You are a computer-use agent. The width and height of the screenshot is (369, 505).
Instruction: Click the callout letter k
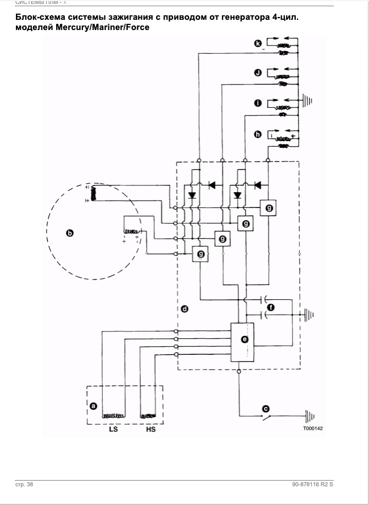coord(258,43)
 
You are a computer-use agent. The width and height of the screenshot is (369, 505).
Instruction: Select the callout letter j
coord(258,73)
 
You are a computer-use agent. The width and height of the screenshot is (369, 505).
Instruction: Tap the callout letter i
coord(258,103)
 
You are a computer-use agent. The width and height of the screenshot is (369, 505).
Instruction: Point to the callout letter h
coord(258,134)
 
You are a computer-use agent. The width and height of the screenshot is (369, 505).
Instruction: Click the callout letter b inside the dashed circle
coord(70,233)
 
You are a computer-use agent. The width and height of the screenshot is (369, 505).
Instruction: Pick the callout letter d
coord(184,309)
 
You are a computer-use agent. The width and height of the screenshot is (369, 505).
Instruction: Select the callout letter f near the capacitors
coord(271,307)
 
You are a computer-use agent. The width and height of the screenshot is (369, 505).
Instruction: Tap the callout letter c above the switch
coord(265,408)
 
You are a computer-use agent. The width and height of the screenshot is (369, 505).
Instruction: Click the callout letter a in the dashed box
coord(94,406)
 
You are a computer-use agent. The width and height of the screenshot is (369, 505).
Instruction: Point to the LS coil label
coord(113,430)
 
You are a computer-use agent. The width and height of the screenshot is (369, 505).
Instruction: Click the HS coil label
coord(150,430)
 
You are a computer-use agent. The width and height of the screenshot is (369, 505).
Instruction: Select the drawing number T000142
coord(312,428)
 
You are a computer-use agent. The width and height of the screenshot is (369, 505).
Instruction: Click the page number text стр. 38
coord(24,485)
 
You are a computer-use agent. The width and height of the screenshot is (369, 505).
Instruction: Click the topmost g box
coord(269,209)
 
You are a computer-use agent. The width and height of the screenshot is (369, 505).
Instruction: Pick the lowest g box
coord(200,254)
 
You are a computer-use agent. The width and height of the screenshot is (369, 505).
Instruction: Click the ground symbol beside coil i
coord(308,103)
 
